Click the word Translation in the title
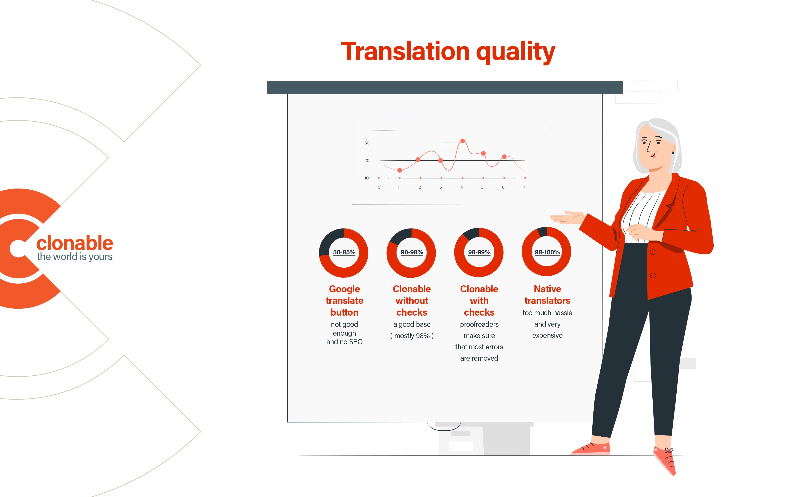(x=406, y=51)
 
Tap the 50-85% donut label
(x=344, y=252)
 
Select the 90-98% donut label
(x=412, y=252)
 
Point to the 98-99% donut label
(x=479, y=252)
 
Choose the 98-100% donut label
(x=547, y=252)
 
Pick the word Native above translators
(x=547, y=289)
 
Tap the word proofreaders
(x=479, y=324)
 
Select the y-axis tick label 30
(x=367, y=143)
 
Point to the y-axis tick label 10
(x=366, y=178)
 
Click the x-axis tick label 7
(x=524, y=187)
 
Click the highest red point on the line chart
(x=462, y=141)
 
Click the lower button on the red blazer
(x=653, y=275)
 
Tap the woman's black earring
(x=673, y=153)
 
